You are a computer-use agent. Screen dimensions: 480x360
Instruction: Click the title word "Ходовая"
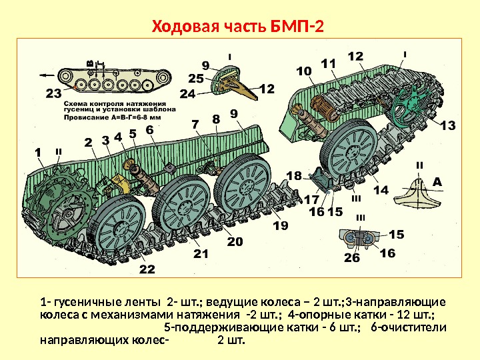[x=185, y=27]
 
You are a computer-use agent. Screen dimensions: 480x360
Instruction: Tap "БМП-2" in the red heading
[x=297, y=27]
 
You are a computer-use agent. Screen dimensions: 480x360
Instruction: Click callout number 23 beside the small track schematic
[x=53, y=93]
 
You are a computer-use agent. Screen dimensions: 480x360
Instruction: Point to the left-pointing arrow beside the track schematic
[x=47, y=75]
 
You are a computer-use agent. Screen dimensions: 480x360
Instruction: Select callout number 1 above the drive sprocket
[x=38, y=153]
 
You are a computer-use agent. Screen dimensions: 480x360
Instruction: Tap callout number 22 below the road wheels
[x=147, y=269]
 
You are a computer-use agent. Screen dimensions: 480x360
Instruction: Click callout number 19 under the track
[x=281, y=225]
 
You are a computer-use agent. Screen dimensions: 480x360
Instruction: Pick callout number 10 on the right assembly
[x=304, y=71]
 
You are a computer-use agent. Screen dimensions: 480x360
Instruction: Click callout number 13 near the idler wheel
[x=448, y=125]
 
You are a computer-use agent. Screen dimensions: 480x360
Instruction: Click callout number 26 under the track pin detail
[x=352, y=257]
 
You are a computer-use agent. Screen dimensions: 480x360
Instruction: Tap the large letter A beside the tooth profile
[x=437, y=183]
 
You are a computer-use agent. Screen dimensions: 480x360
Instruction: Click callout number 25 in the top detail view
[x=196, y=79]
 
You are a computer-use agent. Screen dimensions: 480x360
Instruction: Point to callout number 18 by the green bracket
[x=294, y=176]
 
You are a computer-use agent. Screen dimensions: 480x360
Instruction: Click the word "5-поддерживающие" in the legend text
[x=224, y=327]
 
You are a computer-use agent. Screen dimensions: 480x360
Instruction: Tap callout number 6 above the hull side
[x=149, y=129]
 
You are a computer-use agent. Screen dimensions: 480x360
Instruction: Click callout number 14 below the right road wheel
[x=381, y=190]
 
